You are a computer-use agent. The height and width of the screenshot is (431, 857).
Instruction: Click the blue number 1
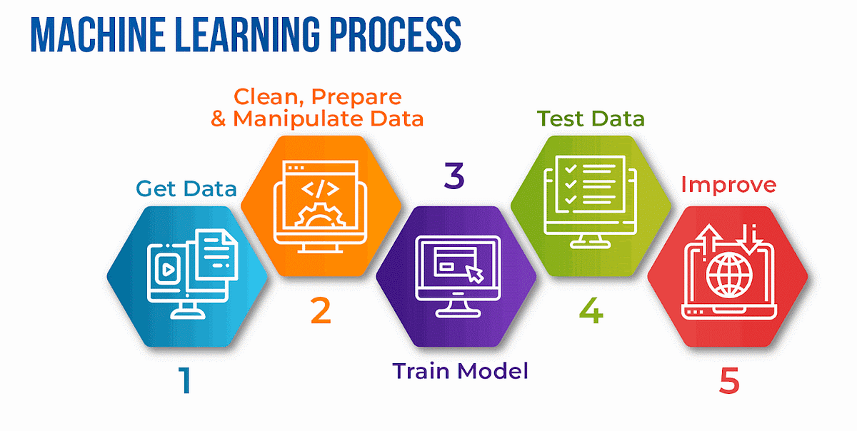pyautogui.click(x=184, y=380)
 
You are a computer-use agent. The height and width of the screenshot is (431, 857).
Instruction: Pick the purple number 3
pyautogui.click(x=453, y=176)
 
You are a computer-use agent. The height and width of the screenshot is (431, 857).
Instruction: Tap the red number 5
pyautogui.click(x=728, y=380)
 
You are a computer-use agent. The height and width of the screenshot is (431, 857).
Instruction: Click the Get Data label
pyautogui.click(x=186, y=189)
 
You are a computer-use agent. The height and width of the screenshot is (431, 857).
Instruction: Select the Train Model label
pyautogui.click(x=460, y=370)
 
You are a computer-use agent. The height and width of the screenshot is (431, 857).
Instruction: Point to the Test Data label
pyautogui.click(x=591, y=118)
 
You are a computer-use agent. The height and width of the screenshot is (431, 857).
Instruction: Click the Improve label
pyautogui.click(x=728, y=185)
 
